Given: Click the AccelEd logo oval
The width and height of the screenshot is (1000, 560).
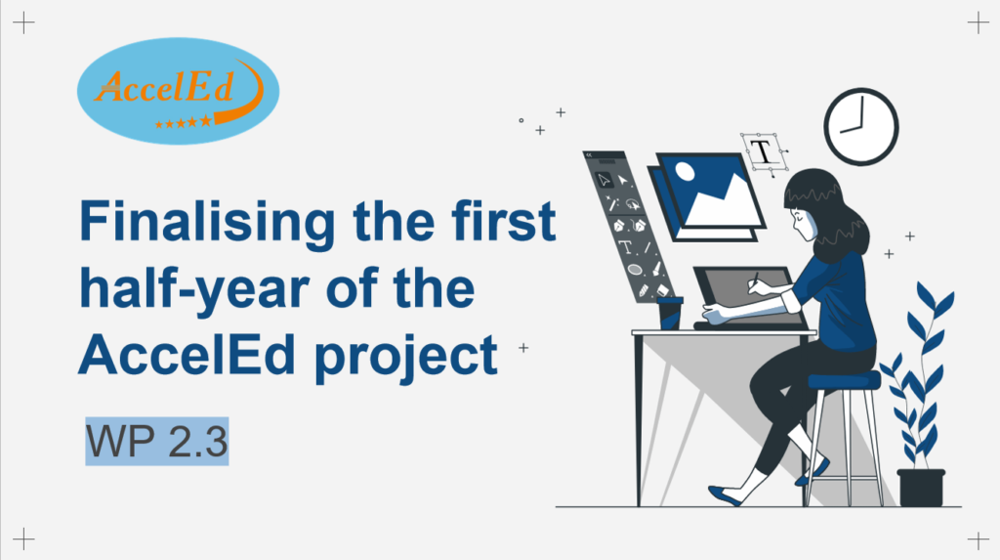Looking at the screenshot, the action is point(178,91).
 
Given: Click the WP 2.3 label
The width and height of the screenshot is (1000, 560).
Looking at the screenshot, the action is point(157,441).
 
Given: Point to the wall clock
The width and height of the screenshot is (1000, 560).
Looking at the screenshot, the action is point(861,126).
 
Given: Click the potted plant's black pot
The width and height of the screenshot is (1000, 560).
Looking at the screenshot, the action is point(921,488).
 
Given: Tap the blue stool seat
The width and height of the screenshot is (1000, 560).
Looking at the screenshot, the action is point(844,380).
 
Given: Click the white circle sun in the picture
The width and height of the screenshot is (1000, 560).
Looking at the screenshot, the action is point(685,171).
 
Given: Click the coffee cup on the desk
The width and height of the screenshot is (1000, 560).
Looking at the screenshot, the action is point(670,313).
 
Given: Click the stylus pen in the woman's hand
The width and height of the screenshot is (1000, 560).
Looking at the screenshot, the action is point(755,280).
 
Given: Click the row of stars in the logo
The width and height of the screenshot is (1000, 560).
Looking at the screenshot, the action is point(183,122).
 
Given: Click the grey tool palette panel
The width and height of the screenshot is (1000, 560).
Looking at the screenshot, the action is point(626,225).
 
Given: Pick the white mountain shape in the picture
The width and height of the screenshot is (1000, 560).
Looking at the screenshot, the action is point(724,201).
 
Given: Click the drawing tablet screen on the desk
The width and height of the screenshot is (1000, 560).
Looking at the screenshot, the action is point(749,294).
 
